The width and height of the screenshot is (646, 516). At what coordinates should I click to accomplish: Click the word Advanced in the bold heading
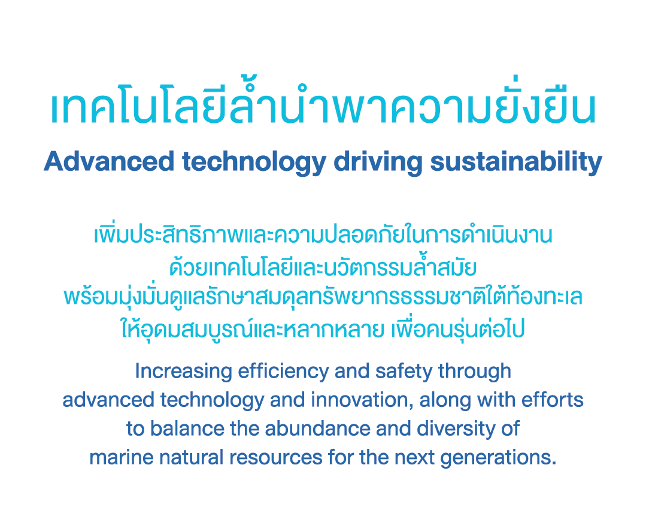(109, 161)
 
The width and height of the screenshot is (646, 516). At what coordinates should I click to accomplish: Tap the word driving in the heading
(378, 162)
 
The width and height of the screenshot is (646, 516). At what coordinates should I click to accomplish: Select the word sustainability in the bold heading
(516, 162)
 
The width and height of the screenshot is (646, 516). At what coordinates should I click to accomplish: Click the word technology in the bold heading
(254, 162)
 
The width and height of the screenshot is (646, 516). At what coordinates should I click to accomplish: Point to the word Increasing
(184, 372)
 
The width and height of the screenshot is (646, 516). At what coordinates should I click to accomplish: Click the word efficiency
(283, 372)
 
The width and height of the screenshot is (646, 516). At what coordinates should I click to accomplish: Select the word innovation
(362, 400)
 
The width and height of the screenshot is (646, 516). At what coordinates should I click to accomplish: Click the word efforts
(553, 400)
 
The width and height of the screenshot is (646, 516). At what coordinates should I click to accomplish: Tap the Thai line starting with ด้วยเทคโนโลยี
(323, 266)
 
